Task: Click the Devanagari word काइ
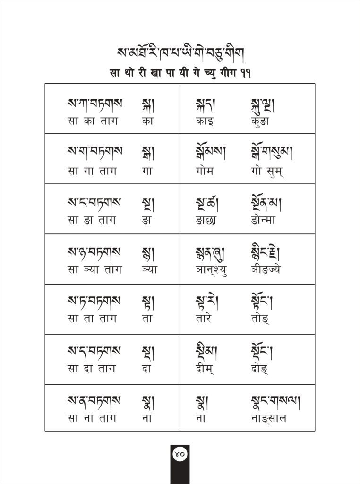pos(205,121)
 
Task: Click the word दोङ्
pos(261,369)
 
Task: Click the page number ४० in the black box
pos(180,454)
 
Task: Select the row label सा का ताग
pos(92,121)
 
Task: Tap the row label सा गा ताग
pos(92,171)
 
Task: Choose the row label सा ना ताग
pos(92,418)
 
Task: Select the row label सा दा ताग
pos(92,369)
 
